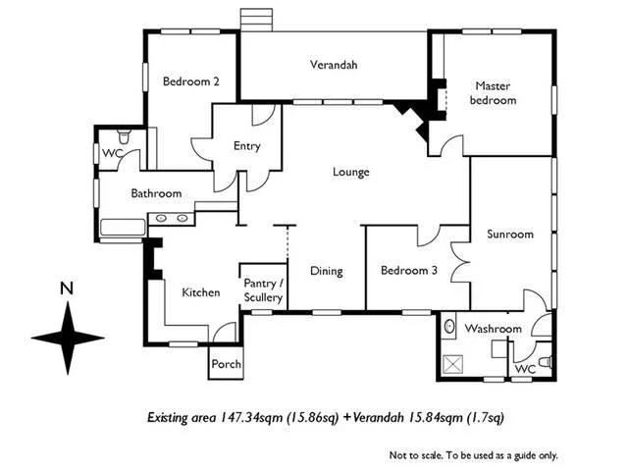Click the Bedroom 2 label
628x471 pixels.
point(190,82)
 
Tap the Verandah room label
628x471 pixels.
point(334,66)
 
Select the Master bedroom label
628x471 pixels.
point(492,93)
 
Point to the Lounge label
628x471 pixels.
point(350,173)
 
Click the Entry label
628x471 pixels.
point(246,146)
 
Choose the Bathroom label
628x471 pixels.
point(157,194)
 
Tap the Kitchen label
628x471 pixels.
point(200,291)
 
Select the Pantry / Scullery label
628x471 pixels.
point(263,290)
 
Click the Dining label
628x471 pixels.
point(326,272)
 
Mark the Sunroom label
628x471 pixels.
point(510,235)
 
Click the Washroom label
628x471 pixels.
point(493,328)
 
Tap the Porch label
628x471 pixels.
point(225,364)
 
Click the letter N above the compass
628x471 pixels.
point(67,288)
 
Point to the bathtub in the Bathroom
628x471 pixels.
point(122,229)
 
